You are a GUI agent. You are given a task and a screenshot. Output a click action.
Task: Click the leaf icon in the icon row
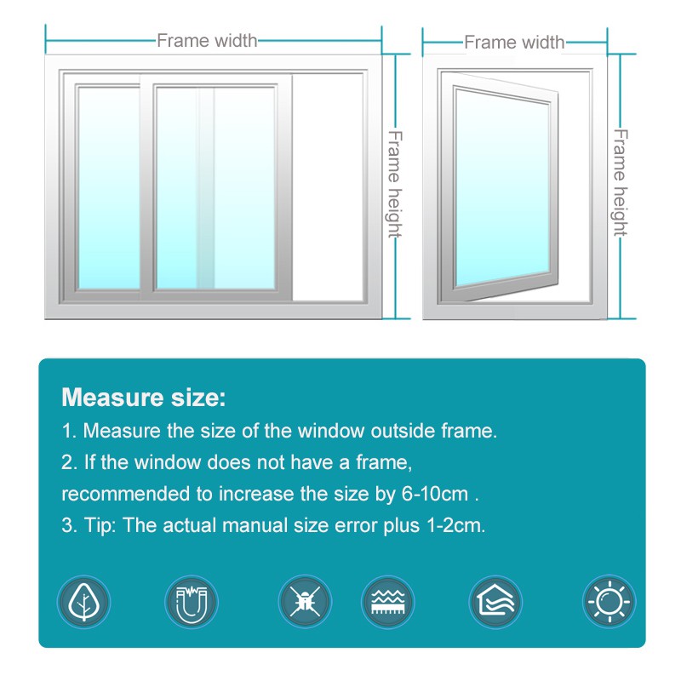coord(83,602)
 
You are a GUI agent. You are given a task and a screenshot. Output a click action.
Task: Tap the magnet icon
coord(191,602)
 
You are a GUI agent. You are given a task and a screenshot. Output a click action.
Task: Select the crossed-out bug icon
coord(305,602)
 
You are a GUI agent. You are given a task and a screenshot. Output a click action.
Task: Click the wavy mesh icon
coord(388,602)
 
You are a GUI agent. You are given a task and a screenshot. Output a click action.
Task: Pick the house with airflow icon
coord(495,602)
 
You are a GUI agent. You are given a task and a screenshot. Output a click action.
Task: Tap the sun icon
coord(609,602)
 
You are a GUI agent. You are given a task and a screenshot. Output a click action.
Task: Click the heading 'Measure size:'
coord(144,397)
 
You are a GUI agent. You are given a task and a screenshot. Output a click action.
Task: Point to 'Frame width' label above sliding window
coord(207,41)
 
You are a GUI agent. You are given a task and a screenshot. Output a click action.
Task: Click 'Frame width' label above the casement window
coord(514,43)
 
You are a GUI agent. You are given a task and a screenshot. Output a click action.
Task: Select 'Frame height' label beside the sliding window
coord(395,184)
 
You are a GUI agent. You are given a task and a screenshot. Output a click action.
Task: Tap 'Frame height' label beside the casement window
coord(621,183)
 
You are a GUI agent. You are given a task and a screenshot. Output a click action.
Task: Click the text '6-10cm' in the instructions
coord(435,494)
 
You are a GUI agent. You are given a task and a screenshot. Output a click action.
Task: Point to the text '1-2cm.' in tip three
coord(456,525)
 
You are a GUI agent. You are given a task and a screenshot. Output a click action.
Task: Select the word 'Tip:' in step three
coord(100,525)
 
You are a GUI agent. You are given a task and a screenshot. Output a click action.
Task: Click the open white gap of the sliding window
coord(328,187)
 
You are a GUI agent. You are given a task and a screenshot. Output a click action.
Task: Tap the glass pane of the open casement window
coord(503,187)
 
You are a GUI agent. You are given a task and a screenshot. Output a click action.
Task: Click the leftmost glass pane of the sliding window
coord(109,187)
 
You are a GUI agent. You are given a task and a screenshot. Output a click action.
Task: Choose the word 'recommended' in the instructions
coord(126,494)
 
